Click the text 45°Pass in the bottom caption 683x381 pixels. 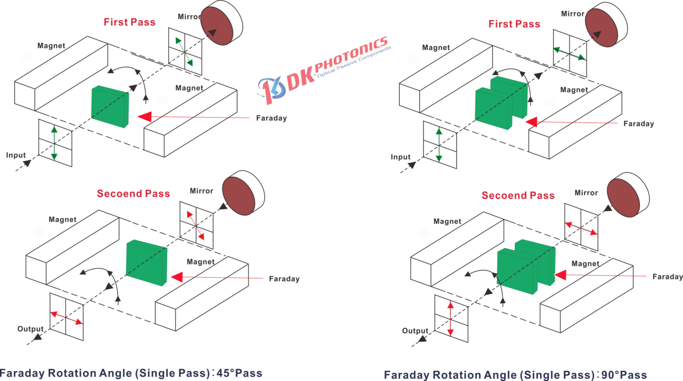pos(239,373)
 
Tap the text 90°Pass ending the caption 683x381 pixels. pos(624,375)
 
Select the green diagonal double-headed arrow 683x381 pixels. pos(184,52)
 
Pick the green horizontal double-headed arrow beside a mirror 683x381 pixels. pos(570,54)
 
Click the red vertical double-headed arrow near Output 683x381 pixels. pos(450,319)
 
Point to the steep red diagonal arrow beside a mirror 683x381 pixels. pos(196,226)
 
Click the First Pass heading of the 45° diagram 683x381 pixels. pos(129,22)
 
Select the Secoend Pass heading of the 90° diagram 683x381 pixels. pos(518,196)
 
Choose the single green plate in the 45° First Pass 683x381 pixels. pos(110,107)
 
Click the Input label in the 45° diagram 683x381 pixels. pos(16,156)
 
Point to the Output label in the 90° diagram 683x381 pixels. pos(415,331)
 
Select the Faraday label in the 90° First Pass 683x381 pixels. pos(639,124)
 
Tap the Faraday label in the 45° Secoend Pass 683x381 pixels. pos(284,279)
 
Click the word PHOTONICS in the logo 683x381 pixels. pos(351,56)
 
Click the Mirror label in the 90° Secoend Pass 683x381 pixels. pos(586,193)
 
